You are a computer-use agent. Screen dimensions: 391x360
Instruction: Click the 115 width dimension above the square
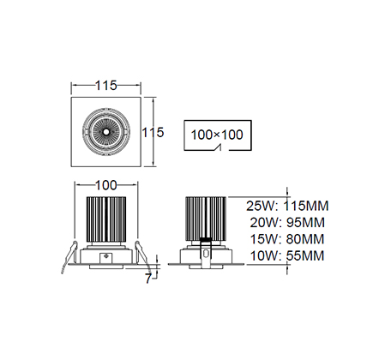(105, 86)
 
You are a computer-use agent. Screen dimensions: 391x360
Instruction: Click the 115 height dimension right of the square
(153, 132)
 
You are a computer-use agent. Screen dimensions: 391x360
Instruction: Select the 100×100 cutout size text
(217, 135)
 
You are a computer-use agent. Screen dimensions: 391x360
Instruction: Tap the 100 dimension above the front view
(105, 185)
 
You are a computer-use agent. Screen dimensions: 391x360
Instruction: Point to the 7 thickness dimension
(147, 279)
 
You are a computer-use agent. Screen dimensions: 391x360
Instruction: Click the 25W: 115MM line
(287, 206)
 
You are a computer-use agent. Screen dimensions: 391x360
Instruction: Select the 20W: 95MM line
(287, 223)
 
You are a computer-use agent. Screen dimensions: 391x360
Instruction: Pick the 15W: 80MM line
(287, 239)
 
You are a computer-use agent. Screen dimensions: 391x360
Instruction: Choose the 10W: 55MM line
(287, 255)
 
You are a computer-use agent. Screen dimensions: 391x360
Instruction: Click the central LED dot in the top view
(105, 132)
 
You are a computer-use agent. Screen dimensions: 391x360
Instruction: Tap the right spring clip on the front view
(142, 255)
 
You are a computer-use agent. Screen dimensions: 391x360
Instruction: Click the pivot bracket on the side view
(206, 253)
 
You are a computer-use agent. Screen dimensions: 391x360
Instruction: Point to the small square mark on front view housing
(106, 258)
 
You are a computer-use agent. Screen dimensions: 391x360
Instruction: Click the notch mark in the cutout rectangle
(219, 147)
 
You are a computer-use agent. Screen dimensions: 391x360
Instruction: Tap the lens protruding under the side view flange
(206, 267)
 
